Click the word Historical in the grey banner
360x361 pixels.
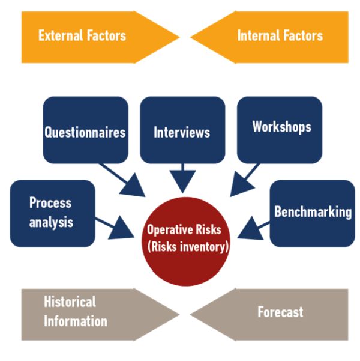pyautogui.click(x=70, y=302)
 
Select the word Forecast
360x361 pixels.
pyautogui.click(x=280, y=312)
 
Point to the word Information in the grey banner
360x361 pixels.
pyautogui.click(x=76, y=321)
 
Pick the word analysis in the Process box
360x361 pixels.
pyautogui.click(x=51, y=222)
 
